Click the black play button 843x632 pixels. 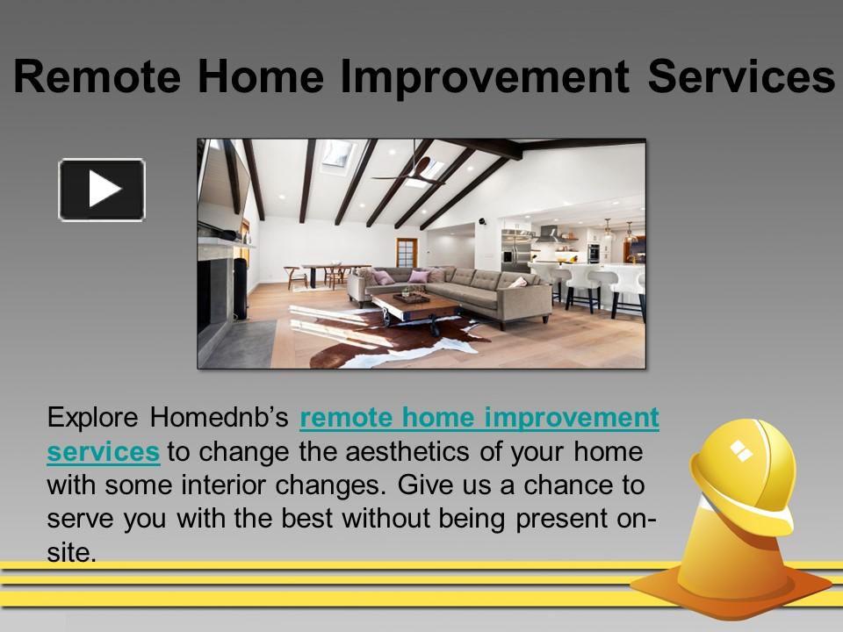click(x=102, y=190)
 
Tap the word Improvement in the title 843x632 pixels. click(x=484, y=77)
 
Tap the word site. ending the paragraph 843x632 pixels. click(x=70, y=550)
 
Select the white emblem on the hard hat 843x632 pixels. click(x=741, y=451)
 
